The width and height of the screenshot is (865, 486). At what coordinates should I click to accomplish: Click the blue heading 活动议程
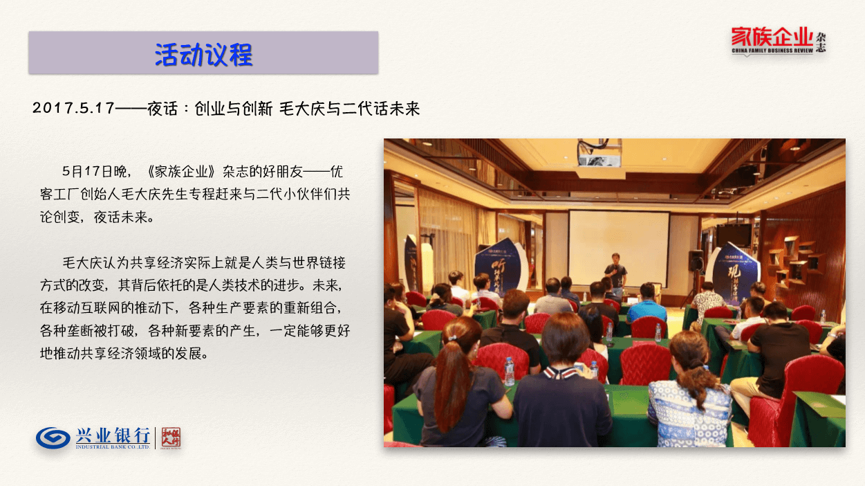[x=203, y=55]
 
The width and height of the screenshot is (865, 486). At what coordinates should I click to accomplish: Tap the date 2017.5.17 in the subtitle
[x=73, y=108]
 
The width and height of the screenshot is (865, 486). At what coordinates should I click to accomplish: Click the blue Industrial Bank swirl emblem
[x=53, y=438]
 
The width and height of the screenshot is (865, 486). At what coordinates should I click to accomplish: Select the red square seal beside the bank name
[x=171, y=438]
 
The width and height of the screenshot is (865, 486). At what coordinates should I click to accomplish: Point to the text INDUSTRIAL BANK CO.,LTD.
[x=113, y=447]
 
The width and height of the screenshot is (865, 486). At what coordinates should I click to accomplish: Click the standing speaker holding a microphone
[x=616, y=273]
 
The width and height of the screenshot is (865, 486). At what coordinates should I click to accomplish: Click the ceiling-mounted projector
[x=599, y=154]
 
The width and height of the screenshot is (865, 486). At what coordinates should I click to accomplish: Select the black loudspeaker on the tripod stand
[x=696, y=260]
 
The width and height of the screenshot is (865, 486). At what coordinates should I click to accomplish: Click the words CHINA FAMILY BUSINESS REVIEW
[x=772, y=51]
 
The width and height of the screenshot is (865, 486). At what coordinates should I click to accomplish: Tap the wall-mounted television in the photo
[x=734, y=235]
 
